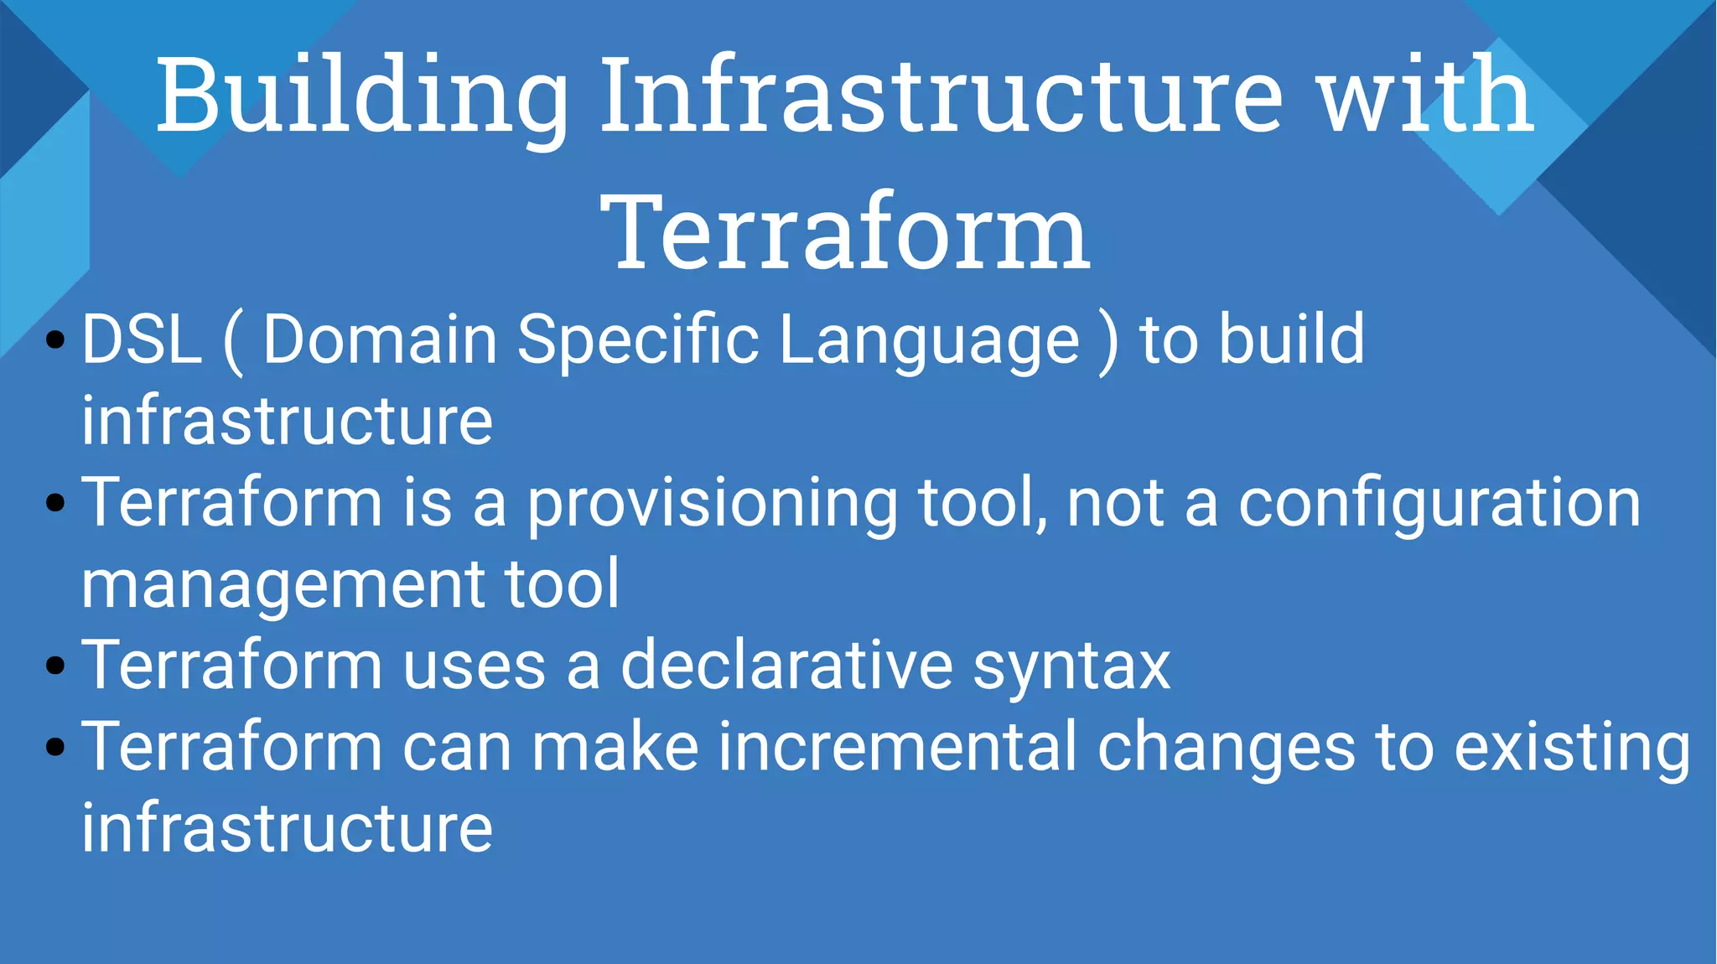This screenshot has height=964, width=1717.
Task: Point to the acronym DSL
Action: tap(142, 339)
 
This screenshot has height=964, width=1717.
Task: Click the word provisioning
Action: tap(712, 504)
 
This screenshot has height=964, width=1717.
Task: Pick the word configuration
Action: tap(1439, 504)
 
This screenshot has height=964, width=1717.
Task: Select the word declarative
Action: tap(786, 666)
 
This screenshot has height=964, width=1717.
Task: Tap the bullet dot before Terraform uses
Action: tap(55, 666)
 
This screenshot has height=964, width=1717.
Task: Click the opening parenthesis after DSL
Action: tap(234, 341)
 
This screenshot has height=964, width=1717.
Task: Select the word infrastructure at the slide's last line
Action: tap(287, 828)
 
